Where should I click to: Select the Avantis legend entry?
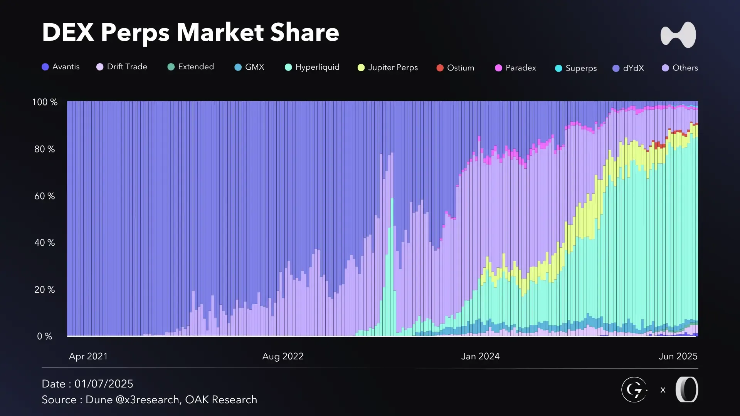[61, 67]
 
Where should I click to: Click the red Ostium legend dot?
[440, 68]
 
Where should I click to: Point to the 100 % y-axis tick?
[45, 102]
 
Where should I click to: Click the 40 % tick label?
[45, 243]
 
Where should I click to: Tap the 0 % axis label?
[45, 336]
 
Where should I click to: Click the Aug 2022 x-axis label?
[283, 356]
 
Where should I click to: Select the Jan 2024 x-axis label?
[480, 356]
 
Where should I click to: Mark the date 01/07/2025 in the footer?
[104, 384]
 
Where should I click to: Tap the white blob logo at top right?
[678, 35]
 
